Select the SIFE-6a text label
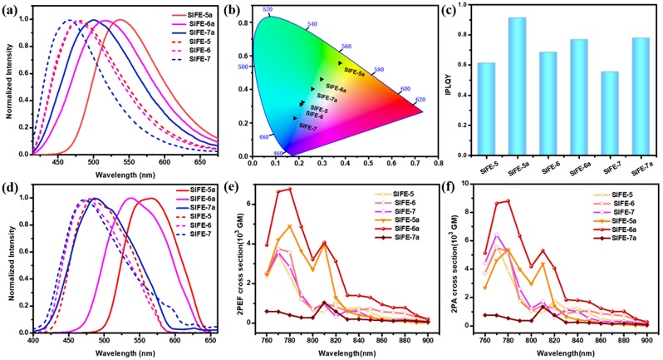336,86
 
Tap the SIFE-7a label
327,96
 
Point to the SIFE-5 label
319,109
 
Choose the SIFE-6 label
314,116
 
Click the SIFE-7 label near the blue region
307,126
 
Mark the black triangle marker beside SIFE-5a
340,63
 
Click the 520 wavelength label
267,9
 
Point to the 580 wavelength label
379,70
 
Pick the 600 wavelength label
405,88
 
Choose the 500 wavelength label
243,66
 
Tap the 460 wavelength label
279,153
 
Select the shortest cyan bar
609,112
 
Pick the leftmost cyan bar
486,107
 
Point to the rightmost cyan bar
641,95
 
